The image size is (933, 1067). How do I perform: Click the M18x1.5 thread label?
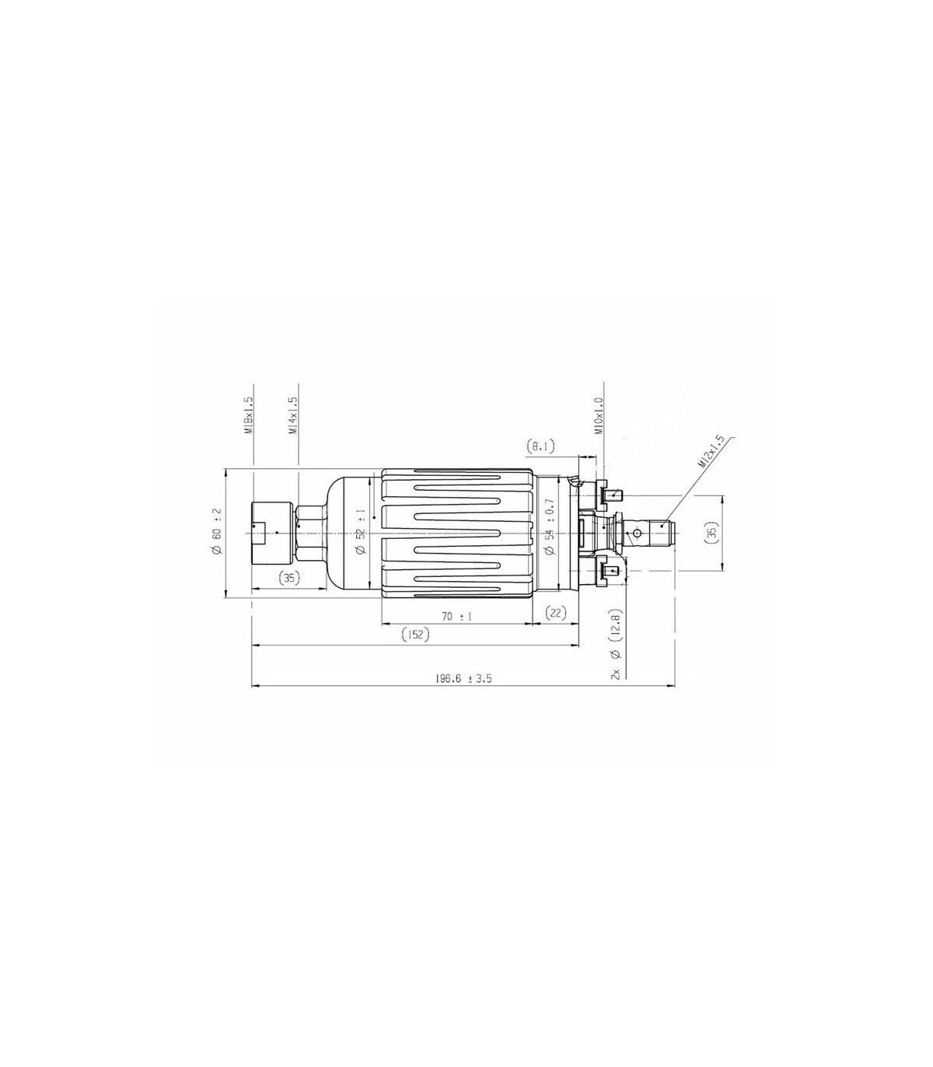248,416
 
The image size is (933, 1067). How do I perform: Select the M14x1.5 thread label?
292,416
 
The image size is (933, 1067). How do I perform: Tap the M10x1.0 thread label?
598,416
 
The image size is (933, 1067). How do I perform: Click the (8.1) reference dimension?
540,446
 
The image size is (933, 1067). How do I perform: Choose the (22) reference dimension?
556,613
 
